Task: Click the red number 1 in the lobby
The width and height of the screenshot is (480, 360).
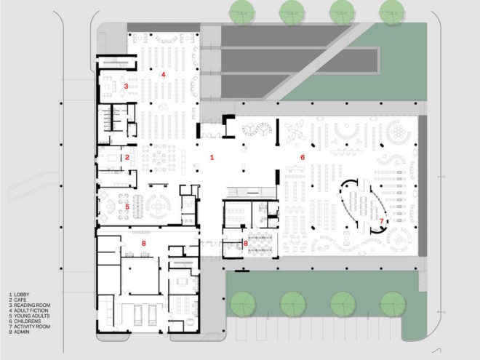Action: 212,158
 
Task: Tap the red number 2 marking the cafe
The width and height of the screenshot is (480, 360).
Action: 127,158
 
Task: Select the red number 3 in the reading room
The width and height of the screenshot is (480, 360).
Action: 126,87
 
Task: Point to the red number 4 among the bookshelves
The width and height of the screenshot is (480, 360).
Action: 164,74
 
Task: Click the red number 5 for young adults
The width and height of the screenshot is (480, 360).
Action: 127,207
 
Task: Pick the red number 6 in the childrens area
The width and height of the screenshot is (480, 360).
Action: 303,157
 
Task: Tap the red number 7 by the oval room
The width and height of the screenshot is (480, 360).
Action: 381,221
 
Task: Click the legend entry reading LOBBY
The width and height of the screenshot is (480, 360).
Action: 22,295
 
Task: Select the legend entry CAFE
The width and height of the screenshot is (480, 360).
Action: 20,300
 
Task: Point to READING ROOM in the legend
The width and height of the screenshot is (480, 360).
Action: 32,305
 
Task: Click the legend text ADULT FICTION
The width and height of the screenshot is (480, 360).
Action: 31,311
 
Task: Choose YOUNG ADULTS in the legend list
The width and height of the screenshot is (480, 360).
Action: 32,316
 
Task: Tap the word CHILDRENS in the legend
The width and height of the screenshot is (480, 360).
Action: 28,321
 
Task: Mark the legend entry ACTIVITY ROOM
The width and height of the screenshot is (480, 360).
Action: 32,327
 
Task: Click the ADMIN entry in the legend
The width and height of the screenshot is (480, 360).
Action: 22,332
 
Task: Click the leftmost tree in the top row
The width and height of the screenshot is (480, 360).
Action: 242,12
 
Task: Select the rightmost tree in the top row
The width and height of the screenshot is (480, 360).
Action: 392,12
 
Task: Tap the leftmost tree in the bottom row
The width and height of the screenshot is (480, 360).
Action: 243,304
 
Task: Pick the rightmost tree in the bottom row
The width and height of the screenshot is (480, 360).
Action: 393,304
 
